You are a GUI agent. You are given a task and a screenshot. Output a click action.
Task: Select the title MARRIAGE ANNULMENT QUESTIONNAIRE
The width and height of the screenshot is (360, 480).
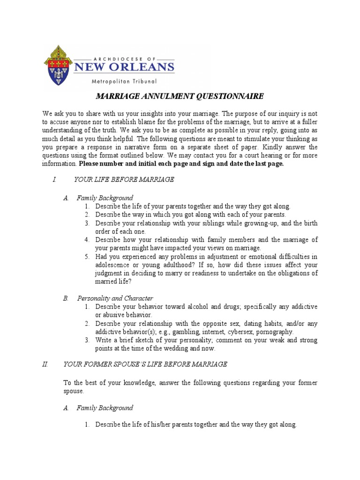click(x=180, y=97)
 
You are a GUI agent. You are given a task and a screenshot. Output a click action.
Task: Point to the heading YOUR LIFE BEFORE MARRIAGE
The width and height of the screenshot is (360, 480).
click(x=124, y=180)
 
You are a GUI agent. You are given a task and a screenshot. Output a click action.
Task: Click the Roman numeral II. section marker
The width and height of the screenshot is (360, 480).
click(x=45, y=364)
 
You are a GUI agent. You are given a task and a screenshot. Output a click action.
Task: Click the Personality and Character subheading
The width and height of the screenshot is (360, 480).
click(x=115, y=298)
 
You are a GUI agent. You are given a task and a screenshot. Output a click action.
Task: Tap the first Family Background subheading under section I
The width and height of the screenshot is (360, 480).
click(x=105, y=198)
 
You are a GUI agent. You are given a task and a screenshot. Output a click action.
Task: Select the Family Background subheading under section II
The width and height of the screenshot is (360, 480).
click(x=105, y=408)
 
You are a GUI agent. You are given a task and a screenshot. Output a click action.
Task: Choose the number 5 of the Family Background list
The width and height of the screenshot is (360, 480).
click(x=87, y=257)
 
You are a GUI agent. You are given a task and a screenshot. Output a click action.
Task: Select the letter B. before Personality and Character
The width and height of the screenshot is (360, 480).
click(x=66, y=298)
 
